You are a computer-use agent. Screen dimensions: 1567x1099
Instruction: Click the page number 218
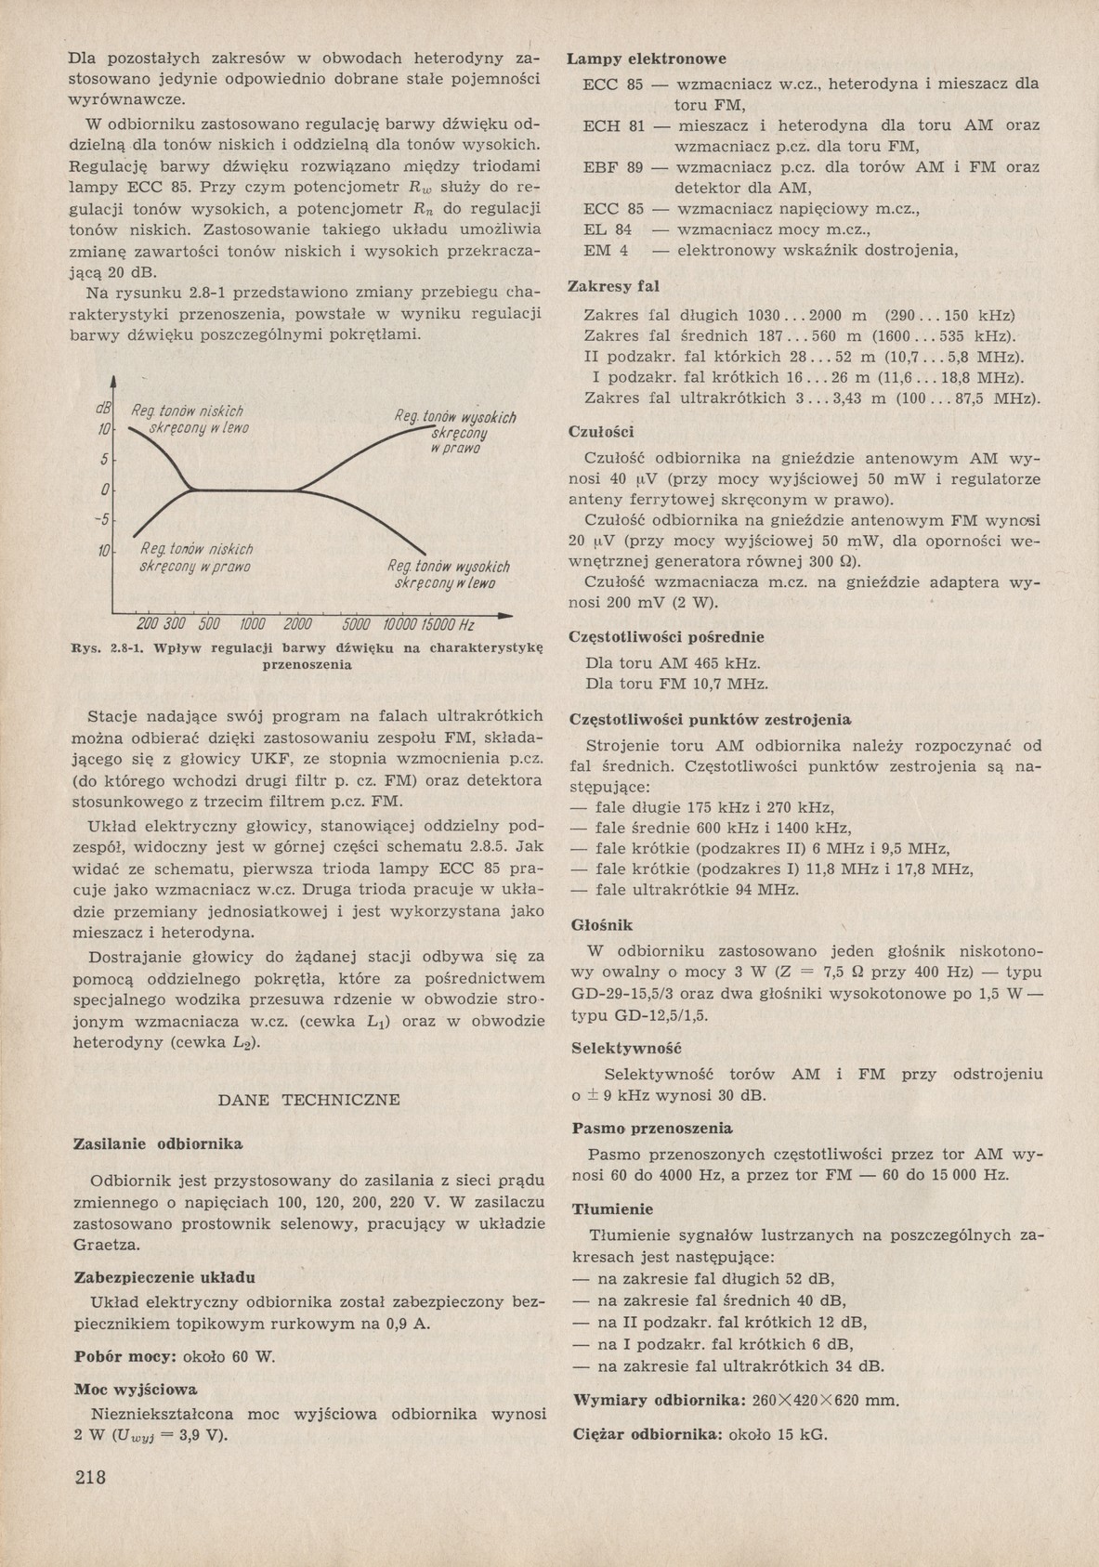click(90, 1477)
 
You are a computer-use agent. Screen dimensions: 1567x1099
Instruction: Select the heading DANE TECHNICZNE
click(308, 1100)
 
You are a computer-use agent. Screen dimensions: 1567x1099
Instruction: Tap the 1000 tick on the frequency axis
click(254, 624)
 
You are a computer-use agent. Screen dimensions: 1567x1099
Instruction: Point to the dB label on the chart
click(102, 409)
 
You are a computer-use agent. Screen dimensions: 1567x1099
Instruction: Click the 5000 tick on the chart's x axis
click(357, 624)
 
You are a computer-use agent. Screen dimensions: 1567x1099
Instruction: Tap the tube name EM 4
click(606, 250)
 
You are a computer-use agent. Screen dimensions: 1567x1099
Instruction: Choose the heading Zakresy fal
click(613, 287)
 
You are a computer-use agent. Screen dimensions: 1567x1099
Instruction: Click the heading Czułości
click(600, 431)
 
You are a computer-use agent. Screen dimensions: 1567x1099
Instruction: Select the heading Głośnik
click(602, 925)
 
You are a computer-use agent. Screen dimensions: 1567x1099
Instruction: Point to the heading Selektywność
click(626, 1048)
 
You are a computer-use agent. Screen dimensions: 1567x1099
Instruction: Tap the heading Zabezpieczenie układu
click(164, 1276)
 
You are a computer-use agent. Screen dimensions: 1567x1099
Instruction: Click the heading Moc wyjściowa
click(135, 1390)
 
